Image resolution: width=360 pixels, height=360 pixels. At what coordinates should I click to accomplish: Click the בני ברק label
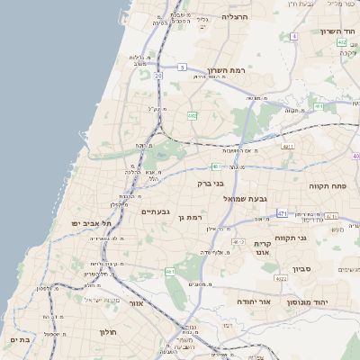tap(211, 183)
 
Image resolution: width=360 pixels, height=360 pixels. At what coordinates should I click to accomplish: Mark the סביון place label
tap(302, 267)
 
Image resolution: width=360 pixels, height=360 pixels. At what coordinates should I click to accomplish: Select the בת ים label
tap(20, 340)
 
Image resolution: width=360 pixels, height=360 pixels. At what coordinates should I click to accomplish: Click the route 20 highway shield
tap(158, 76)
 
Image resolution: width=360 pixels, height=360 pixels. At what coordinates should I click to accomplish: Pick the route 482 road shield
tap(192, 116)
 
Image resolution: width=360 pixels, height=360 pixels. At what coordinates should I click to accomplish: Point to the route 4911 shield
tap(288, 145)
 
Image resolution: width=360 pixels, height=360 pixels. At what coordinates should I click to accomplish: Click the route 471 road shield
tap(282, 213)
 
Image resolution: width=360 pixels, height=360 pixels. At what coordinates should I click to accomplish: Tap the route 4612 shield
tap(238, 242)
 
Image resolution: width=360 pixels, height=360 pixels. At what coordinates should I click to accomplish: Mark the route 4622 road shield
tap(281, 279)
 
